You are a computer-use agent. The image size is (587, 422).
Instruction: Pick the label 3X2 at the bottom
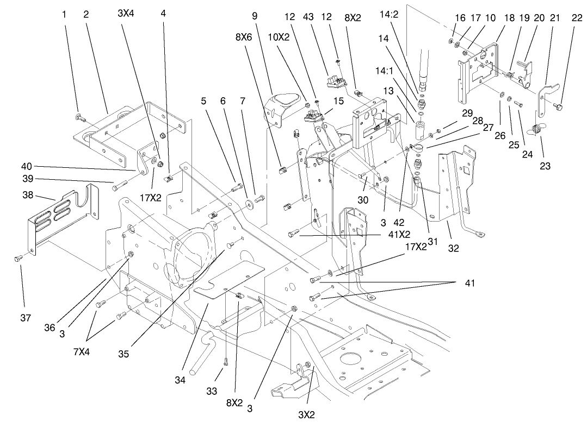pos(307,414)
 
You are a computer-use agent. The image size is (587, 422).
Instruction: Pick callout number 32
pos(453,249)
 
